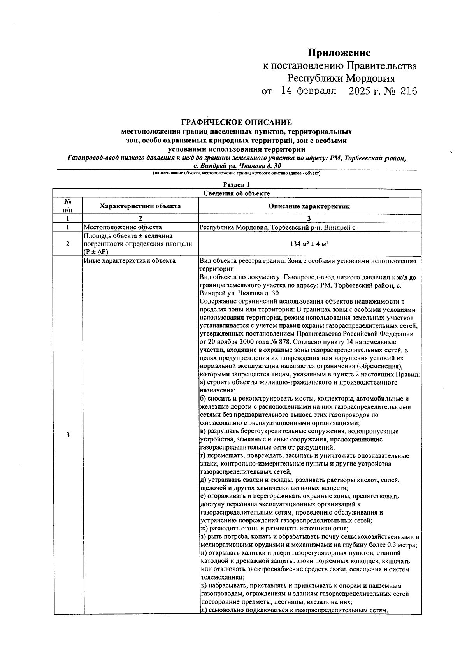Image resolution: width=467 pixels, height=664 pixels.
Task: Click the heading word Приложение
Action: (339, 53)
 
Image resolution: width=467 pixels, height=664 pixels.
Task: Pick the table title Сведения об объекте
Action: (237, 193)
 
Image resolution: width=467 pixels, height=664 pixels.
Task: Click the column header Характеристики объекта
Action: (140, 206)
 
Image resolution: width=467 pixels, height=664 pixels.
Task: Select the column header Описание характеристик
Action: (309, 206)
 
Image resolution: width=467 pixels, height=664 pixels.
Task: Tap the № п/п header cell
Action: (68, 206)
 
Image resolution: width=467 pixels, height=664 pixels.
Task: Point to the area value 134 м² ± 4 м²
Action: (309, 244)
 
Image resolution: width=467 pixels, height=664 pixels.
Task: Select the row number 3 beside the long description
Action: (68, 435)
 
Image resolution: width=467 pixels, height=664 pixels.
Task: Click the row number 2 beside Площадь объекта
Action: (68, 244)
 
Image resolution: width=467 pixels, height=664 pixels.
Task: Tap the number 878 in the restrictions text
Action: (298, 342)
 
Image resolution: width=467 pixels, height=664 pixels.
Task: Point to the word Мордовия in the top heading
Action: (370, 79)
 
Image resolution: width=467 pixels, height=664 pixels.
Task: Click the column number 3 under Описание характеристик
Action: (309, 218)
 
